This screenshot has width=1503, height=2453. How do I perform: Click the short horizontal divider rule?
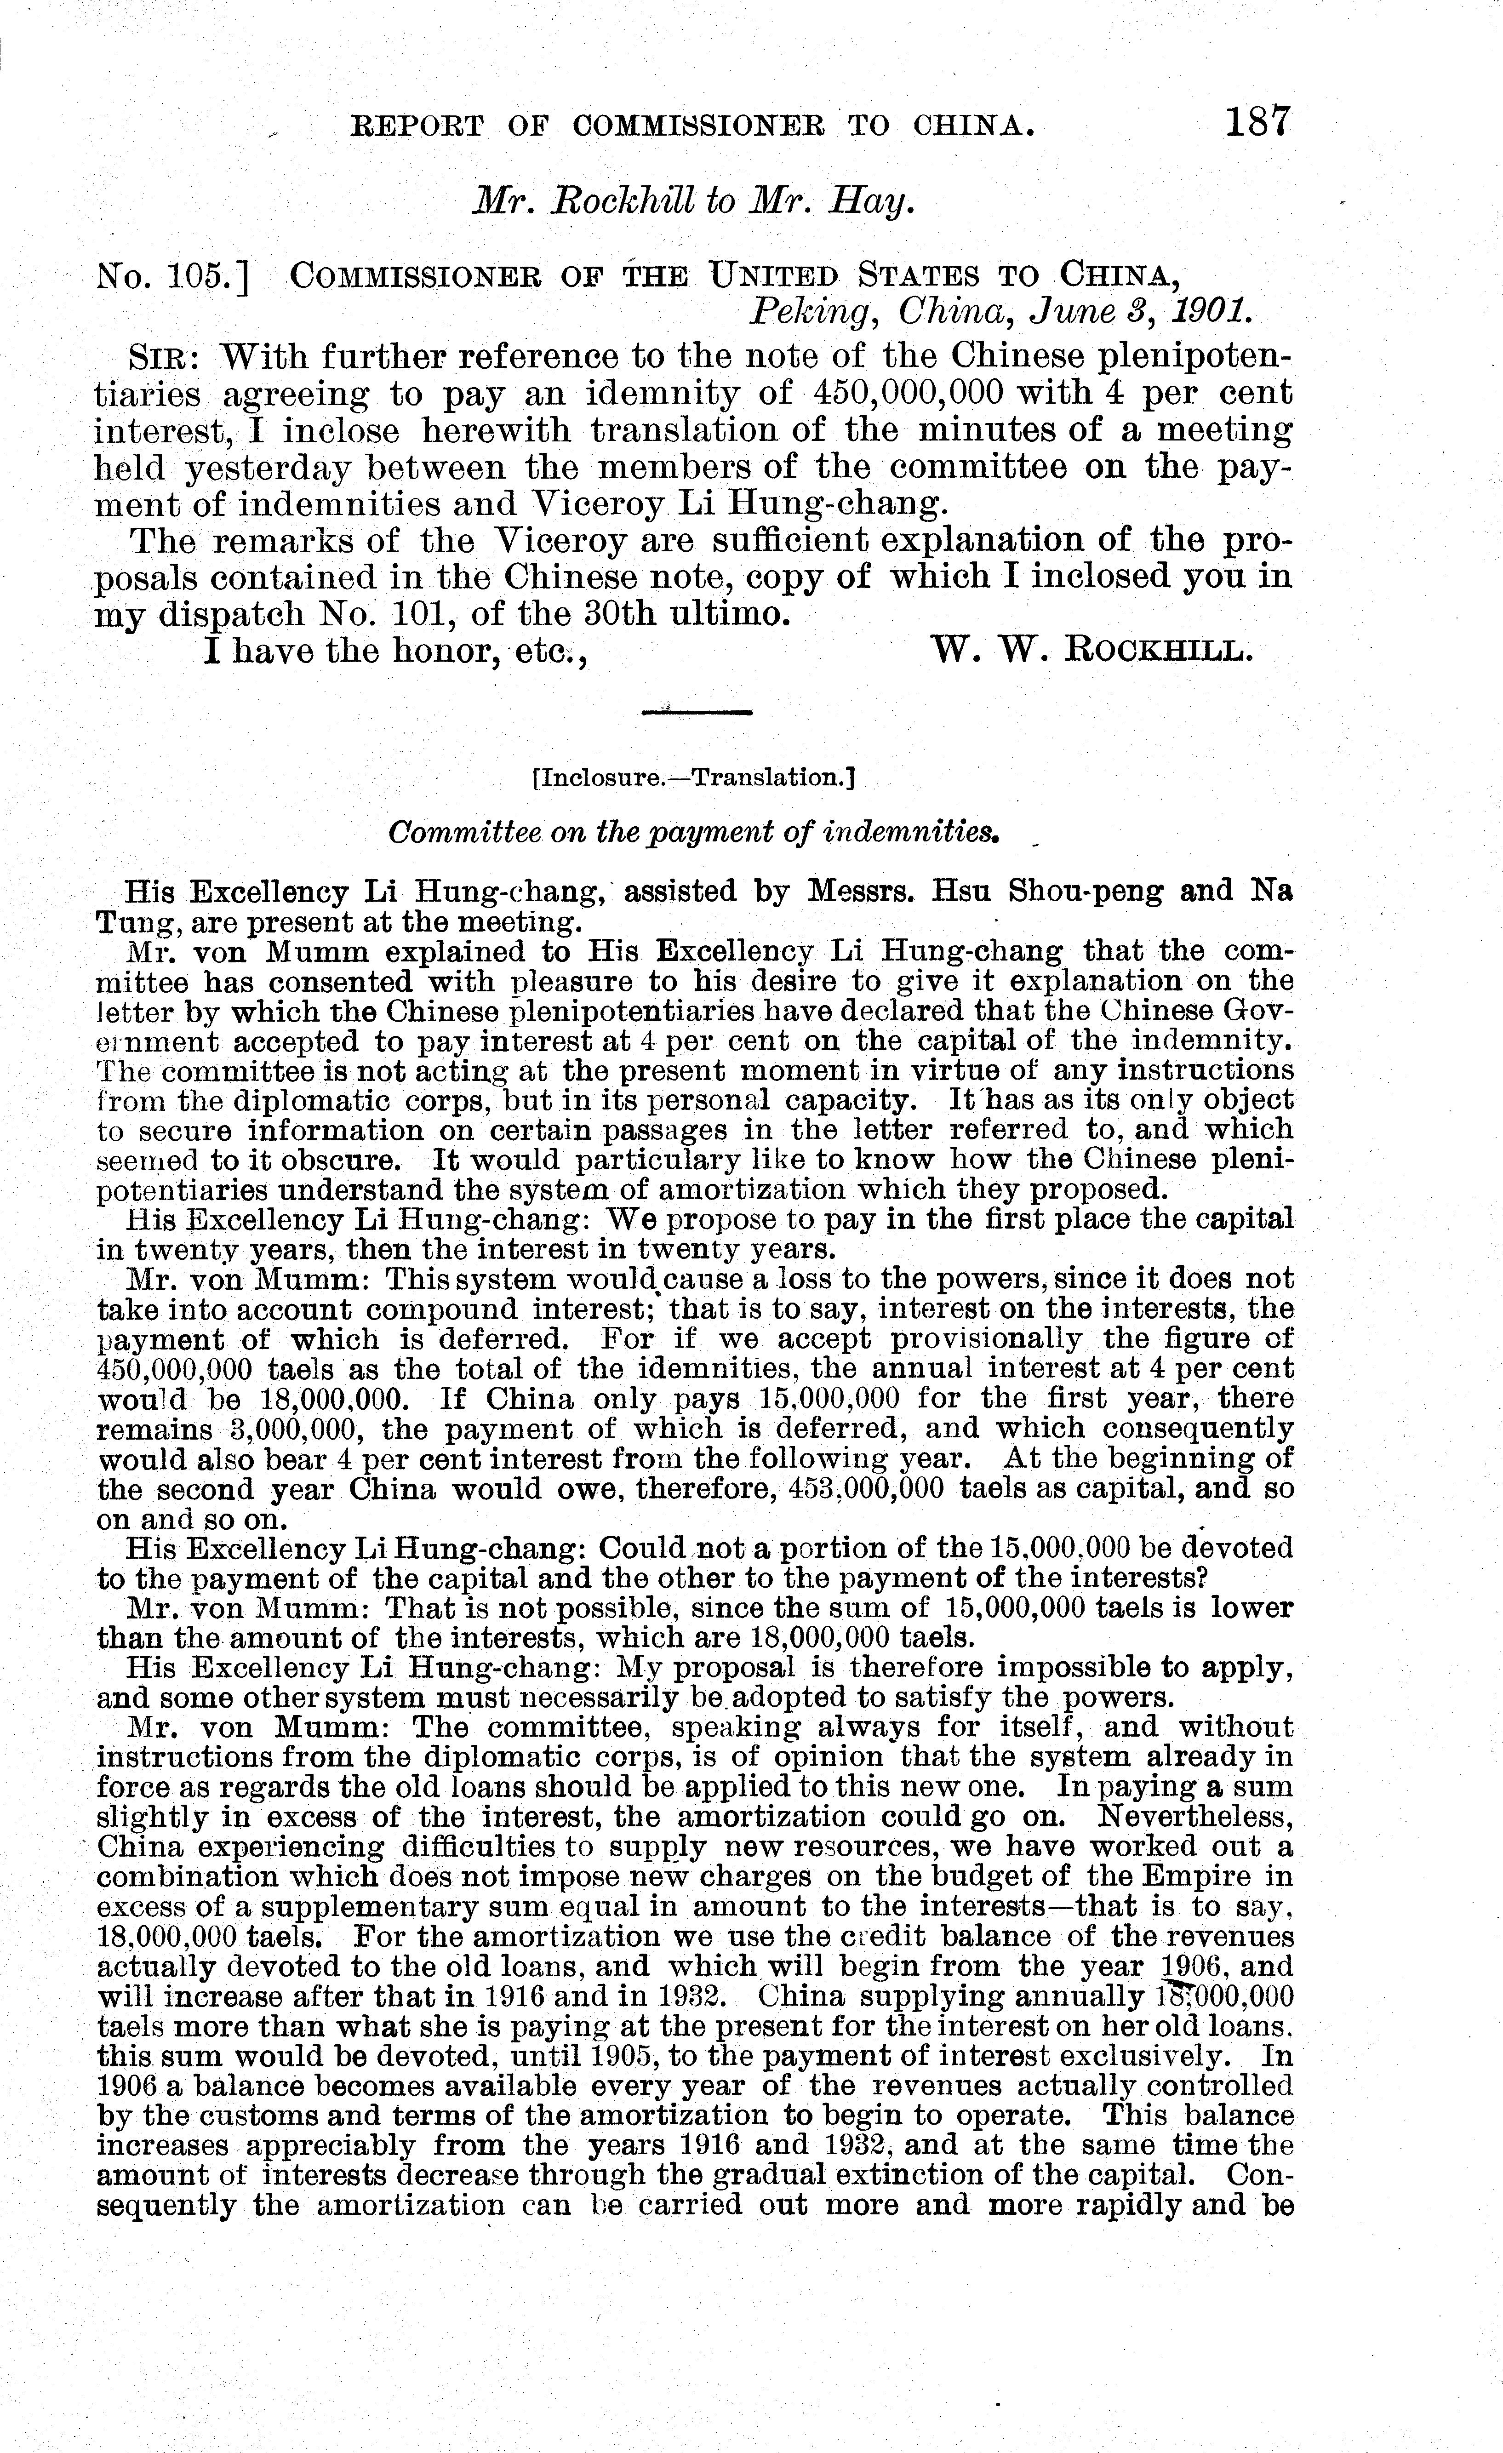click(697, 711)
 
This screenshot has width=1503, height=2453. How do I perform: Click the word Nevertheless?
click(1194, 1818)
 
